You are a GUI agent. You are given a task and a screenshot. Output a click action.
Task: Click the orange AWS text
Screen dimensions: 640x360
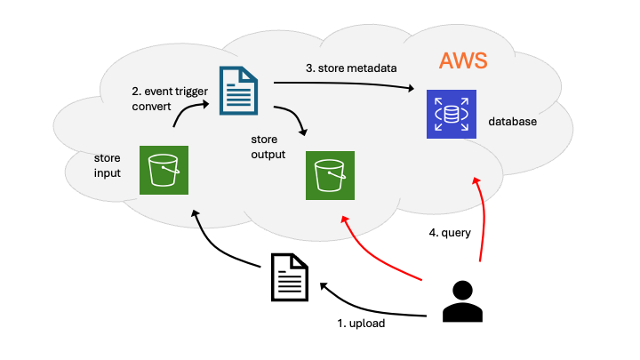pyautogui.click(x=463, y=60)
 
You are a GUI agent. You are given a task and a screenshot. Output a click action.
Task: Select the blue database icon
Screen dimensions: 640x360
pyautogui.click(x=452, y=115)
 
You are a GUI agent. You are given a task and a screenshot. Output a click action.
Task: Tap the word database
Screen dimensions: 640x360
pyautogui.click(x=512, y=121)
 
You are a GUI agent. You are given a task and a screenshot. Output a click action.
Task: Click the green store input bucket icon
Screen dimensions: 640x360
pyautogui.click(x=164, y=170)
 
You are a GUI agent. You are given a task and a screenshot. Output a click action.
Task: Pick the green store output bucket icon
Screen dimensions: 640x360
pyautogui.click(x=330, y=175)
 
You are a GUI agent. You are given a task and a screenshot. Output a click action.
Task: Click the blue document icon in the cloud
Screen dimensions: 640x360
pyautogui.click(x=238, y=91)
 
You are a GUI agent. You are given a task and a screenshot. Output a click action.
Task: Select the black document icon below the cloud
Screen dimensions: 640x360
pyautogui.click(x=290, y=277)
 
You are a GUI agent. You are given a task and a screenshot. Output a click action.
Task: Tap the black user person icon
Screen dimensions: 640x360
pyautogui.click(x=462, y=301)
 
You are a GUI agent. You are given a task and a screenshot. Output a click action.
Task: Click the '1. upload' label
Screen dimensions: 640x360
pyautogui.click(x=361, y=324)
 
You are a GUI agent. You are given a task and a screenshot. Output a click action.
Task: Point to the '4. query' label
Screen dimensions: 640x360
pyautogui.click(x=450, y=233)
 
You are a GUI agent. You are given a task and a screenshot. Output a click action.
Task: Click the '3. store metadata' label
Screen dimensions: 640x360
pyautogui.click(x=351, y=68)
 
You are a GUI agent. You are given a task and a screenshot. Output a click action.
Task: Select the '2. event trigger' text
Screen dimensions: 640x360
pyautogui.click(x=170, y=92)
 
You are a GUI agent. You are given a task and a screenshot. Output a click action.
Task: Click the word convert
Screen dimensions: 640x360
pyautogui.click(x=151, y=107)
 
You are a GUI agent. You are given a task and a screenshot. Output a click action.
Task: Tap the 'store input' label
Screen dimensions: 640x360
pyautogui.click(x=108, y=165)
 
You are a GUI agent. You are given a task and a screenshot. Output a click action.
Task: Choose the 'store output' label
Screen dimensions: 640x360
pyautogui.click(x=268, y=147)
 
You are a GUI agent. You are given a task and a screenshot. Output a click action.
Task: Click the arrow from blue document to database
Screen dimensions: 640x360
pyautogui.click(x=344, y=84)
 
